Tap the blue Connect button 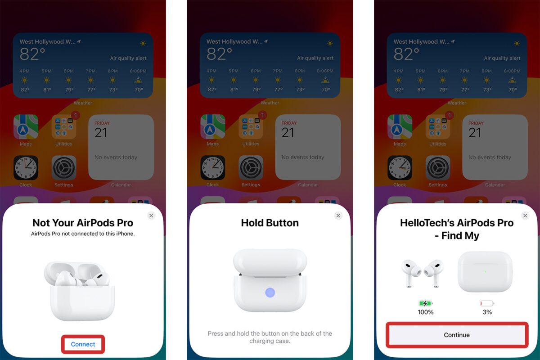coord(83,344)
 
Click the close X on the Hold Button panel coord(338,216)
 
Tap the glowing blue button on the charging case coord(270,292)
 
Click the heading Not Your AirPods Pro coord(83,223)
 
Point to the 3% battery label coord(487,312)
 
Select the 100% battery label coord(425,312)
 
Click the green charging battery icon coord(425,303)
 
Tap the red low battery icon coord(487,303)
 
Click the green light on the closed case coord(485,271)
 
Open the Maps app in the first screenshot coord(26,127)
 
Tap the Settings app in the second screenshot coord(251,168)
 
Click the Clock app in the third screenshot coord(400,168)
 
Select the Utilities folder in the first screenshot coord(64,127)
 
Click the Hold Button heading coord(270,223)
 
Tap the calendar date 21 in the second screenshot coord(288,133)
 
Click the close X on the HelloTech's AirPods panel coord(525,216)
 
